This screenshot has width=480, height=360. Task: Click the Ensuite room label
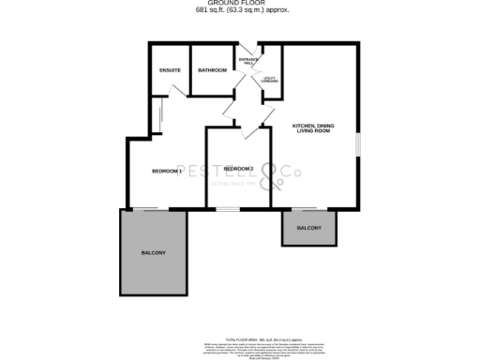(x=170, y=70)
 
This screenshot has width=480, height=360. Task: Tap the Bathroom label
(x=212, y=70)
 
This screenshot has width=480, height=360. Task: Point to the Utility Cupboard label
(x=270, y=81)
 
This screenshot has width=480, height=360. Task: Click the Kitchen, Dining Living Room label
(x=314, y=127)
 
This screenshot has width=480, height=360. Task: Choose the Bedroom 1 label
(x=167, y=171)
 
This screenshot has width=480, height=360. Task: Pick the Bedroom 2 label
(x=238, y=169)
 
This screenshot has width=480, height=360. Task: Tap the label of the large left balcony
(x=154, y=253)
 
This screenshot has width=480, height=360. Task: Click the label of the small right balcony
(x=309, y=228)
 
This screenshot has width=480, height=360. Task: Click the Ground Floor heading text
(x=240, y=4)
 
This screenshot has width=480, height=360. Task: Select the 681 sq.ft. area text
(x=240, y=10)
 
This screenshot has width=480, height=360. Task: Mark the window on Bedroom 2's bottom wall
(x=228, y=209)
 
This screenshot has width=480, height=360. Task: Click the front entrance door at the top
(x=247, y=47)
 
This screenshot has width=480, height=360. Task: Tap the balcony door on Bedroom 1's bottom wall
(x=146, y=208)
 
